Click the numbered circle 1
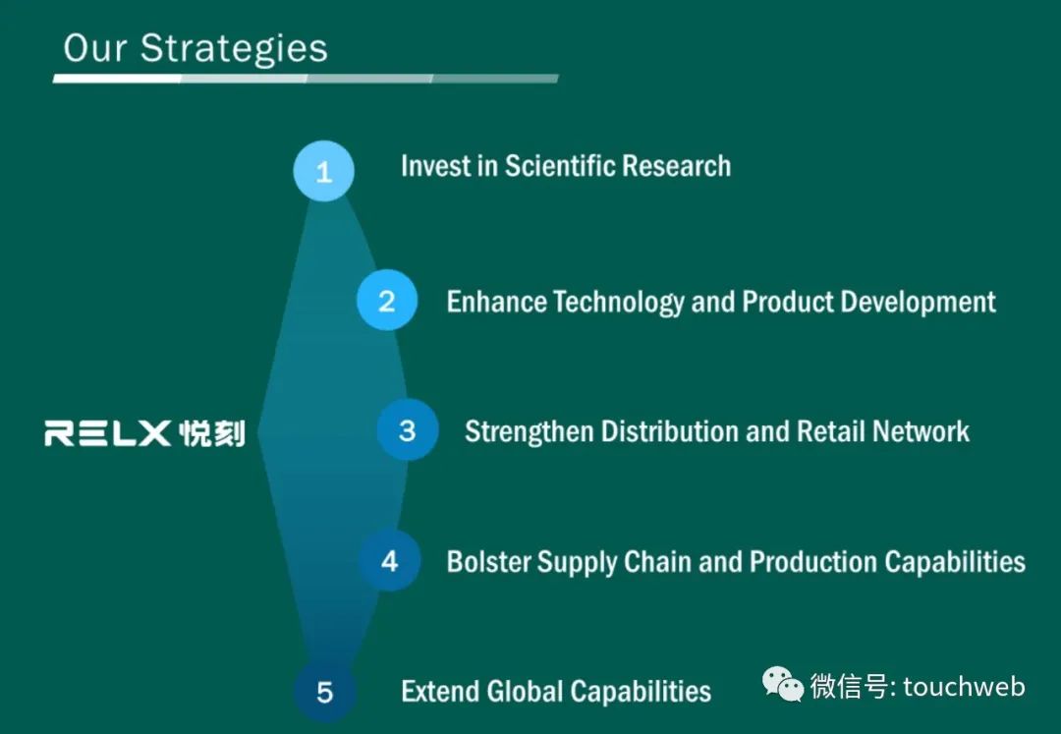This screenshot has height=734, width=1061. pyautogui.click(x=323, y=171)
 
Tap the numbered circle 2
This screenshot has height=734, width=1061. pyautogui.click(x=387, y=300)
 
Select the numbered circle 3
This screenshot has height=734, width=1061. pyautogui.click(x=408, y=429)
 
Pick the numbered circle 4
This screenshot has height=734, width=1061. pyautogui.click(x=389, y=560)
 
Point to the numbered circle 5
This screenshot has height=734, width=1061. pyautogui.click(x=325, y=691)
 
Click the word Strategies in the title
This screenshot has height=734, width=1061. pyautogui.click(x=234, y=49)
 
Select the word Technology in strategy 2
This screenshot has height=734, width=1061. pyautogui.click(x=619, y=303)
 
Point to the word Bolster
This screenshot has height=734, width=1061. pyautogui.click(x=488, y=561)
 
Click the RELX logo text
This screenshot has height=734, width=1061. pyautogui.click(x=108, y=433)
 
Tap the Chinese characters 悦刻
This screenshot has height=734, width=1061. pyautogui.click(x=212, y=433)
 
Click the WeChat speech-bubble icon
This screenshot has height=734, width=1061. pyautogui.click(x=783, y=684)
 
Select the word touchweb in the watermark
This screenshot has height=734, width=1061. pyautogui.click(x=965, y=687)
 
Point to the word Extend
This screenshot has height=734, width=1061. pyautogui.click(x=440, y=692)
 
